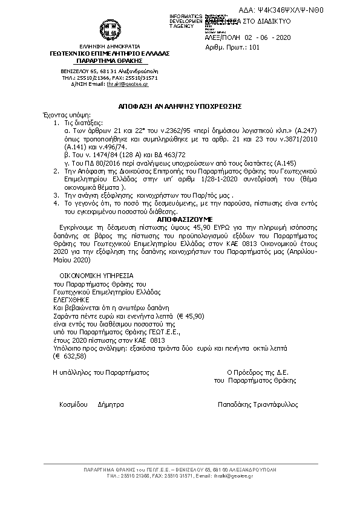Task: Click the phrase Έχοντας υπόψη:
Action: point(60,114)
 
